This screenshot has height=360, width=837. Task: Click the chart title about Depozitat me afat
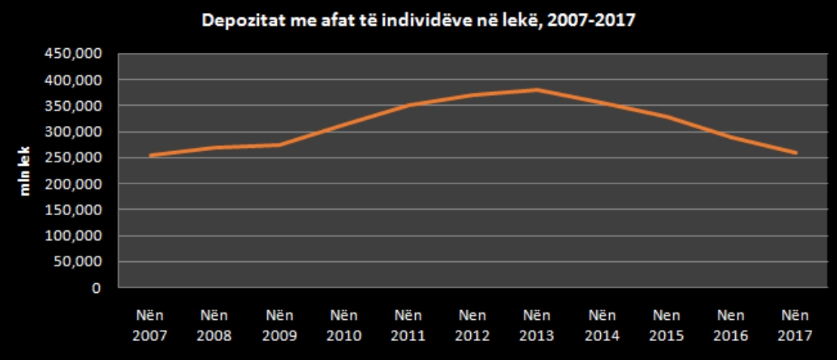[x=418, y=20]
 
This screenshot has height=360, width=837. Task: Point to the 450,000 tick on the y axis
[x=73, y=54]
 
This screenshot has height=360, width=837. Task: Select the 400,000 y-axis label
[x=73, y=79]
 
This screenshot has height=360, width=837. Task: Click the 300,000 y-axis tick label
[x=73, y=131]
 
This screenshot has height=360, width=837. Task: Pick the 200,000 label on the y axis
[x=73, y=183]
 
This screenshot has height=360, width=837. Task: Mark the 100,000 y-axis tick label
[x=73, y=235]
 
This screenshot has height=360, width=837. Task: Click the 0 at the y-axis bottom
[x=96, y=288]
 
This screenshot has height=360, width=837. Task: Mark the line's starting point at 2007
[x=150, y=155]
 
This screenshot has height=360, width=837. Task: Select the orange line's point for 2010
[x=344, y=125]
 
